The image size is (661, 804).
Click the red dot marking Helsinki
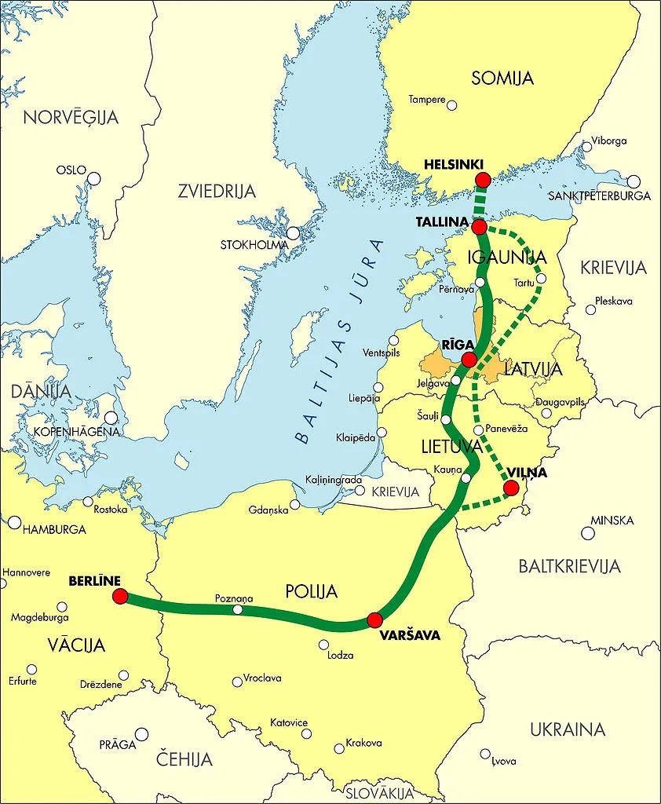click(483, 180)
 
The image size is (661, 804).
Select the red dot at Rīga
click(469, 360)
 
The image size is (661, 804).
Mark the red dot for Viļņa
click(511, 488)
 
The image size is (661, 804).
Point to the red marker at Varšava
click(374, 620)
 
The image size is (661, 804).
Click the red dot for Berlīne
click(120, 597)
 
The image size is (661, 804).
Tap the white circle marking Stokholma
click(293, 233)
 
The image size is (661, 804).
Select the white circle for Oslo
click(94, 178)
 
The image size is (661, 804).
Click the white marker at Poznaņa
click(238, 609)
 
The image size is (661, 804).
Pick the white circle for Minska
click(588, 533)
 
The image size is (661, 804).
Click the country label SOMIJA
click(502, 78)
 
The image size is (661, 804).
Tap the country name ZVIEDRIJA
click(217, 191)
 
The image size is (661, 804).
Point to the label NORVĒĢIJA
click(71, 118)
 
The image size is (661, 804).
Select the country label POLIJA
click(312, 591)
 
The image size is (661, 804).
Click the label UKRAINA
click(568, 729)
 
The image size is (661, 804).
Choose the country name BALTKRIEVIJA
click(569, 565)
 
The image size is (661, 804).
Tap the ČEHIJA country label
click(184, 759)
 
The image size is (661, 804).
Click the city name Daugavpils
click(561, 401)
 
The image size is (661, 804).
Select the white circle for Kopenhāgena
click(111, 418)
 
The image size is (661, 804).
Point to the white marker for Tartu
click(540, 278)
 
